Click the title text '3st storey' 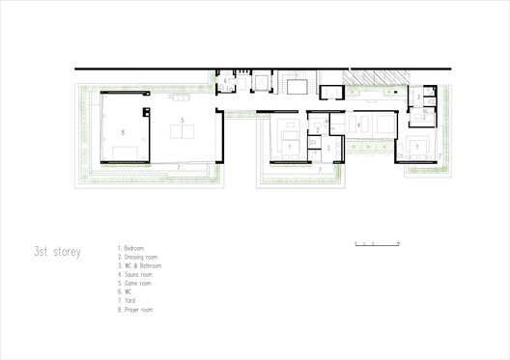tap(56, 253)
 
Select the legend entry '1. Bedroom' tap(133, 249)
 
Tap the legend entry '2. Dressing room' tap(139, 257)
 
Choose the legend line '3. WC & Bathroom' tap(141, 264)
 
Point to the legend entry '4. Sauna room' tap(136, 273)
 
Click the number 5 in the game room tap(182, 119)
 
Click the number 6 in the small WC tap(225, 81)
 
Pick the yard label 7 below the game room tap(181, 167)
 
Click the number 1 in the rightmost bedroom tap(416, 145)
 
